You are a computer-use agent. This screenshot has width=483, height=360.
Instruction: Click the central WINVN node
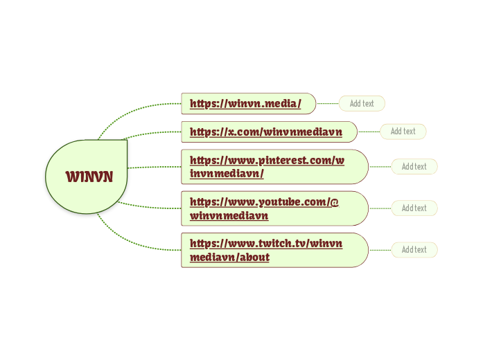89,177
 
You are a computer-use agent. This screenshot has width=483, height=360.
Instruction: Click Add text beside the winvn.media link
362,104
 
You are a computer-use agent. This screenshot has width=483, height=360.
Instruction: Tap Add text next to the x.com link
403,132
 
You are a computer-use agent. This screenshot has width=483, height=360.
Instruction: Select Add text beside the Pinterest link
414,167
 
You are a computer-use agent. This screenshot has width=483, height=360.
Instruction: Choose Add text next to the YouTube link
414,208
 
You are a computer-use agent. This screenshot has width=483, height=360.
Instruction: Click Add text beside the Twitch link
414,250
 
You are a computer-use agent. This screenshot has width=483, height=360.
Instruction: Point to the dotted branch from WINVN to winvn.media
132,109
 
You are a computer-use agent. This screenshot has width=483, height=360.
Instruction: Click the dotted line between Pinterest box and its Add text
380,167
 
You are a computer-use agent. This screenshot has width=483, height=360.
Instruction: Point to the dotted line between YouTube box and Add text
380,208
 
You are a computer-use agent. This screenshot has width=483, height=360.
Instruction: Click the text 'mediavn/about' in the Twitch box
229,258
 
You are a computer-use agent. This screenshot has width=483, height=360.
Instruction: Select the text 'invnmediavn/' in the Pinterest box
227,174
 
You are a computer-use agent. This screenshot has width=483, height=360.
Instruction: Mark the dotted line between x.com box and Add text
369,132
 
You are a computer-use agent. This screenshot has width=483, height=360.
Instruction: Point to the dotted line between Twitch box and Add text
380,250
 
